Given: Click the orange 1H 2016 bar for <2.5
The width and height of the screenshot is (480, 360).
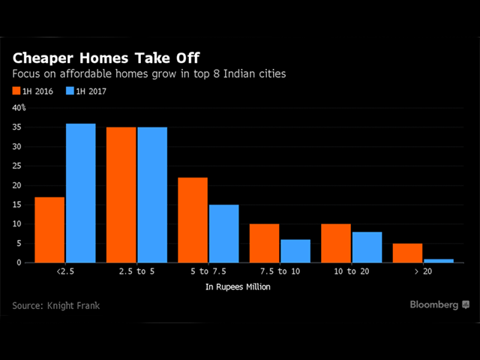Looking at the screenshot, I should [x=49, y=229].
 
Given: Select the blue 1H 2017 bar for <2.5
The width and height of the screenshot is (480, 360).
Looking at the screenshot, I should [x=80, y=193].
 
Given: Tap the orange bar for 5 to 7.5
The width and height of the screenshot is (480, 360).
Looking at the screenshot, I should [x=193, y=220].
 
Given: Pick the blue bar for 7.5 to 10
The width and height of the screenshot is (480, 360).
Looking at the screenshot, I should [x=295, y=250].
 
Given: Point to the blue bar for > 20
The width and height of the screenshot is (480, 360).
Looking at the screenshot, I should [x=439, y=260].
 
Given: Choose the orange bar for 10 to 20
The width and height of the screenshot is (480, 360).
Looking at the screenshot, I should [x=336, y=243].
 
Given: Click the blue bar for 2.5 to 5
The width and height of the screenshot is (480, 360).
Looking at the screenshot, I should [x=152, y=195].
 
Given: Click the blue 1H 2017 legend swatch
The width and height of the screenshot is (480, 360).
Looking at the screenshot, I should [x=70, y=91].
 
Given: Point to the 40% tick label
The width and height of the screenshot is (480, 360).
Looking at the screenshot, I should [x=19, y=108].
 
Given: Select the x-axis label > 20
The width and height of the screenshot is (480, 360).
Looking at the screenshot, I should [x=424, y=271].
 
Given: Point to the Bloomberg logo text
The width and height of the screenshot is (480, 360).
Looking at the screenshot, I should [x=434, y=304].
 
